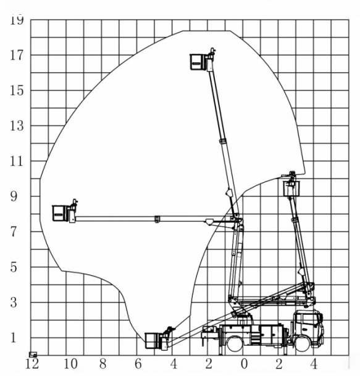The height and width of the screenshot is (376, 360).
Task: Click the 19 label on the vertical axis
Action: click(17, 20)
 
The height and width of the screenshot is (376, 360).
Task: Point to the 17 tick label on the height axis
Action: click(17, 55)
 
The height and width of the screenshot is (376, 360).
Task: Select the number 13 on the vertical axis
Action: click(17, 126)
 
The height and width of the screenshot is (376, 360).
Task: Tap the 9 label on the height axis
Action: click(14, 196)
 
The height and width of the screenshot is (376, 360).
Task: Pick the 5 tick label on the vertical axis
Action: click(14, 267)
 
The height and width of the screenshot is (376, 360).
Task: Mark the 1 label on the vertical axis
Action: click(14, 338)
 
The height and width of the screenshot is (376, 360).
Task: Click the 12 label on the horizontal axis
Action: click(32, 364)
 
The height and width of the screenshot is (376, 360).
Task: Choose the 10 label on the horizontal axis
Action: click(70, 364)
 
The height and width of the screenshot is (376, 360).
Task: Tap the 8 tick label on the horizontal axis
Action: click(103, 364)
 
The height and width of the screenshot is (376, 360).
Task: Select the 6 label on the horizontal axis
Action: click(138, 364)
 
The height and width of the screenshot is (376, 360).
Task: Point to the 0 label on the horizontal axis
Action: click(244, 364)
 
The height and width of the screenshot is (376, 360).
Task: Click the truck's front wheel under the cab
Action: click(303, 343)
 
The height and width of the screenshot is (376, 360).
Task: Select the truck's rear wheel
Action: click(235, 343)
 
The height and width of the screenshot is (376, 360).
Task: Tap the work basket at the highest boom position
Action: click(198, 62)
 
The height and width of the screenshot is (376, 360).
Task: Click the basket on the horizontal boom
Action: click(60, 213)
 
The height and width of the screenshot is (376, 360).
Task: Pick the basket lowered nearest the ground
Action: click(153, 341)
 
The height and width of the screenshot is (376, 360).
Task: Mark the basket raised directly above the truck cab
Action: click(291, 189)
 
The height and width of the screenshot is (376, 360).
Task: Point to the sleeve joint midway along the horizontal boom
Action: click(157, 219)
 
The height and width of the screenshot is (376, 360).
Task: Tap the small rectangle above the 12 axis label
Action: click(33, 354)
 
